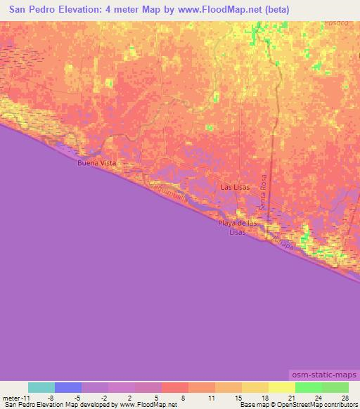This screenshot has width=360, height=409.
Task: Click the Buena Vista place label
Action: tap(96, 162)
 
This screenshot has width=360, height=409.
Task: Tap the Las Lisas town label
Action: tap(235, 188)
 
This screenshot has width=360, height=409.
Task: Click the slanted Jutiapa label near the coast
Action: tap(281, 242)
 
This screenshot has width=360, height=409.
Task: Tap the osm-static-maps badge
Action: tap(322, 377)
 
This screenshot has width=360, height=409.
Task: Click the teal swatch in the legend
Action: tap(41, 387)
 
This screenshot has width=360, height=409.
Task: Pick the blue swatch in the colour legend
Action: tap(68, 387)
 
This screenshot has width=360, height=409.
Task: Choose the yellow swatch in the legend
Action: tap(281, 387)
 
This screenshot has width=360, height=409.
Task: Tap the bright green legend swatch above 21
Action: tap(308, 387)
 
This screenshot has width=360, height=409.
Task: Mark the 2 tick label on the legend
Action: tap(130, 397)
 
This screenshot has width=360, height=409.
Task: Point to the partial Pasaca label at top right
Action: tap(336, 23)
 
